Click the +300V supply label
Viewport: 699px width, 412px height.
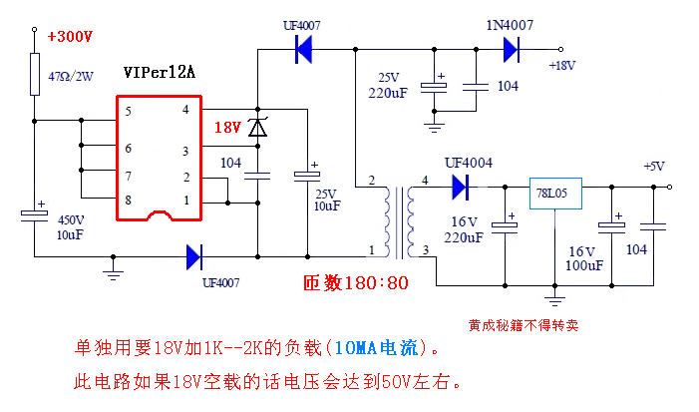coord(69,37)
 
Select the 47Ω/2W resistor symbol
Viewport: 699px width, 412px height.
coord(35,73)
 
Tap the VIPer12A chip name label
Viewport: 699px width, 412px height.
coord(159,74)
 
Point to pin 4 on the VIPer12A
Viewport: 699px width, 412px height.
coord(185,110)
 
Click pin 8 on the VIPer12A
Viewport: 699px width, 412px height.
coord(128,201)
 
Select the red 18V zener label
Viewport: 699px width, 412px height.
coord(227,128)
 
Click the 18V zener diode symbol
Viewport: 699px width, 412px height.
coord(257,128)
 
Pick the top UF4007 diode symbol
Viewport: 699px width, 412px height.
coord(303,49)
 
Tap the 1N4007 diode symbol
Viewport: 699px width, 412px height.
coord(512,49)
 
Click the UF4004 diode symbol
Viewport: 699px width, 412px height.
coord(460,186)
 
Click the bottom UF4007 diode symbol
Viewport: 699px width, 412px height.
coord(194,257)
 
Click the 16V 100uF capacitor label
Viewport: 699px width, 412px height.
coord(585,259)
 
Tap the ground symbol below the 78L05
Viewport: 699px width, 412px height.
coord(554,298)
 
